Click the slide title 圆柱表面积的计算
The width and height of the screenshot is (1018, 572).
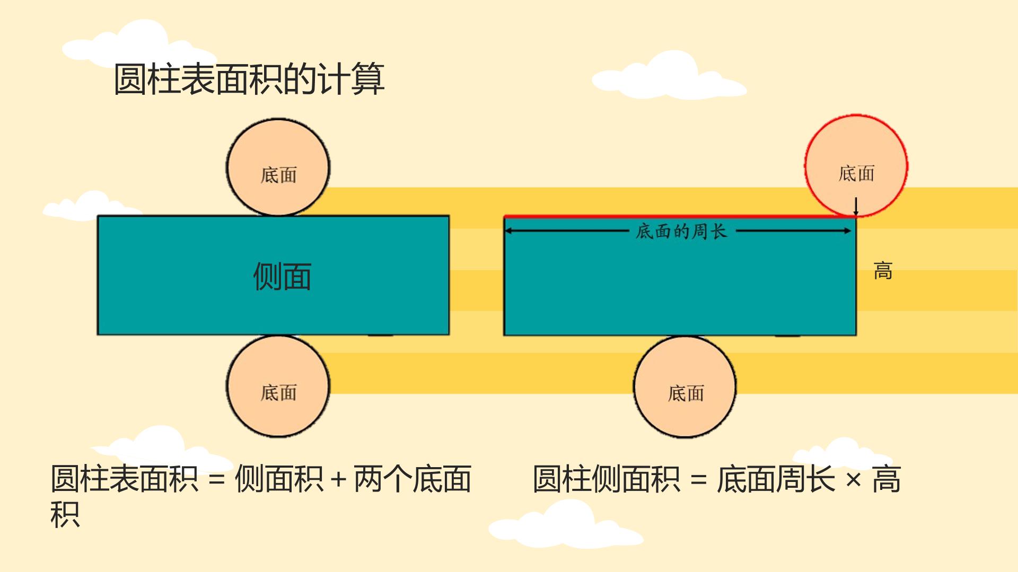point(249,79)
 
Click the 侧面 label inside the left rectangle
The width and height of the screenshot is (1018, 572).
point(282,276)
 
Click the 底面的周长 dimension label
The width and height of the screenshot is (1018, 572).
point(681,231)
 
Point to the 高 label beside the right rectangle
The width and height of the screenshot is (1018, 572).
point(883,271)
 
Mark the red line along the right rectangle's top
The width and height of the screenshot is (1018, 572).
point(680,217)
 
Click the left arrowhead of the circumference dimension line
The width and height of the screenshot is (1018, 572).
point(508,231)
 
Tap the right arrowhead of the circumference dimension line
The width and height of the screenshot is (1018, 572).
point(847,231)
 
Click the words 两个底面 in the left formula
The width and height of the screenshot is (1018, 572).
point(413,479)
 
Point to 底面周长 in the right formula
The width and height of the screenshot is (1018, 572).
point(776,479)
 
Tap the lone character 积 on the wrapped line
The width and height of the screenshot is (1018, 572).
point(65,514)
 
